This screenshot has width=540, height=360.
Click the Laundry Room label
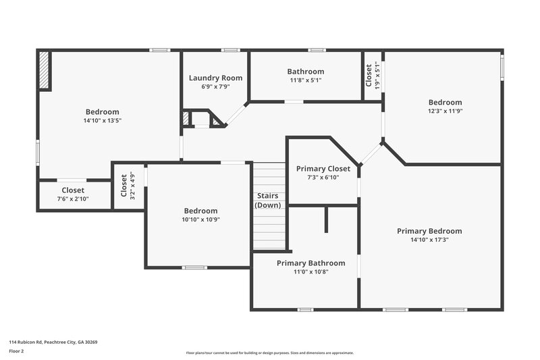click(215, 78)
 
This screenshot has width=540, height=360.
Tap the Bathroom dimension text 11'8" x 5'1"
click(305, 80)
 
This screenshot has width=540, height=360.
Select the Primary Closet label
click(323, 169)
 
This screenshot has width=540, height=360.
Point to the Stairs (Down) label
click(268, 201)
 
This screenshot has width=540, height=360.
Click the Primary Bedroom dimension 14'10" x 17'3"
click(429, 240)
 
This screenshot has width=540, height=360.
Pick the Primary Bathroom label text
click(310, 263)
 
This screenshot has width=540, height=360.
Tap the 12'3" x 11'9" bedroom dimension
click(445, 111)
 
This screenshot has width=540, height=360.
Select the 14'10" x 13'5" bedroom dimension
click(103, 120)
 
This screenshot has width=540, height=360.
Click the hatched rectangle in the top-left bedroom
click(45, 71)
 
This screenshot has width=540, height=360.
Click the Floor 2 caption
click(16, 351)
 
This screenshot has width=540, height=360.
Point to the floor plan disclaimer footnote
click(270, 353)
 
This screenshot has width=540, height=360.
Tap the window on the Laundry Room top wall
click(231, 50)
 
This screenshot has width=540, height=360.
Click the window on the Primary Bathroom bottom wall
click(305, 310)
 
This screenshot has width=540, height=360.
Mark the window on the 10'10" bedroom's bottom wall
click(194, 267)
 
